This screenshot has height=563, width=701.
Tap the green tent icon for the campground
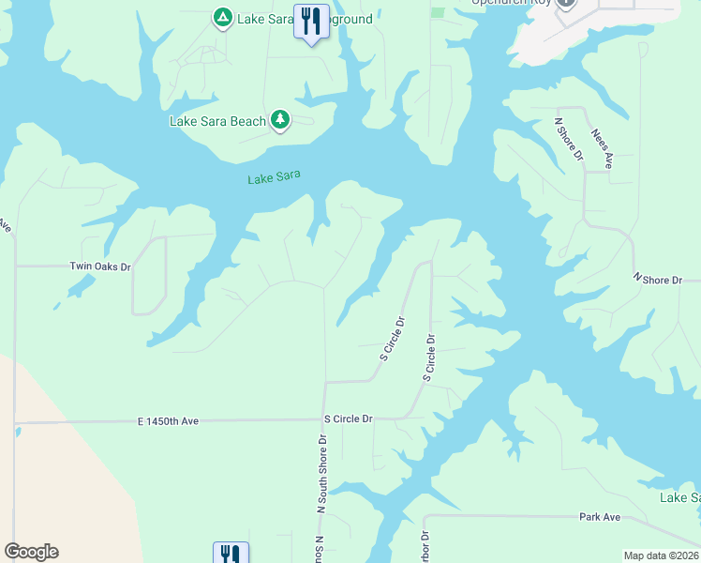click(222, 18)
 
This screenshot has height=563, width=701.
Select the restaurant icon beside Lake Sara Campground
click(311, 21)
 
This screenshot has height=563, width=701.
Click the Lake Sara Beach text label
click(217, 121)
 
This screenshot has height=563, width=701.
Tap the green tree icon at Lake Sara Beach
click(279, 119)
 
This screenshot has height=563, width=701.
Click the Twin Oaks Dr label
click(100, 266)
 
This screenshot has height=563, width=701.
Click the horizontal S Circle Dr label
click(348, 418)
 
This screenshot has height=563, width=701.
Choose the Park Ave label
click(600, 517)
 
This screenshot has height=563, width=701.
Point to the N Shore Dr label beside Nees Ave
click(569, 139)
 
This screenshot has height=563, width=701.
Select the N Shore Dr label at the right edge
click(666, 279)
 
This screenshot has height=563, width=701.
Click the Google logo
click(31, 552)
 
